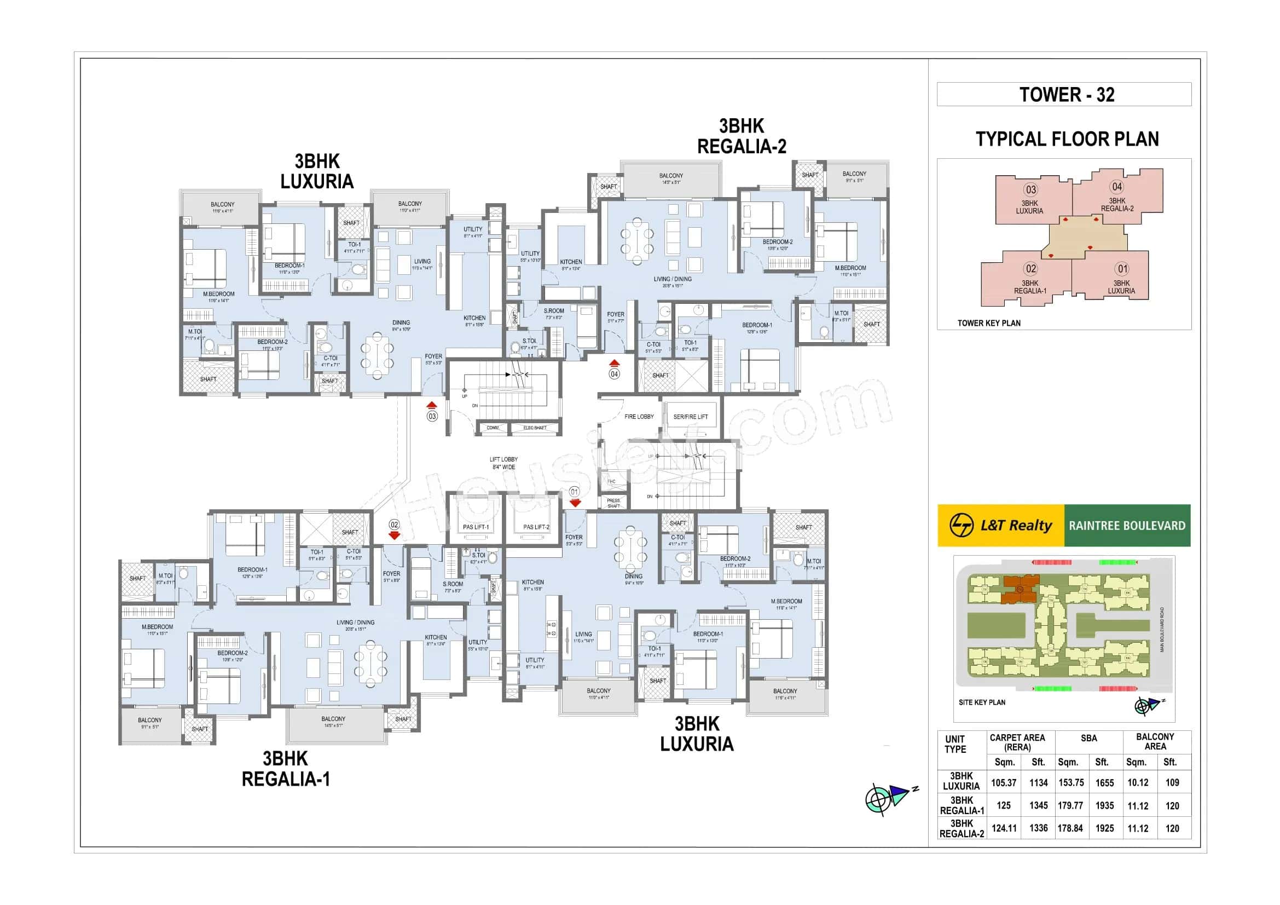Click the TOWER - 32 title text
[1067, 95]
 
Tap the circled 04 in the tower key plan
[1117, 187]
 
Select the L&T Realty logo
[1001, 525]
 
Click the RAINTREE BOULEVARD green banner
[1127, 525]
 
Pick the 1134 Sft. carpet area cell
[1038, 783]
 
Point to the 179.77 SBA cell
[1070, 806]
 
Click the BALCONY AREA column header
[1155, 742]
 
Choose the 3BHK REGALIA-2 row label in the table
[962, 828]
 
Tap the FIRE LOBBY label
[639, 417]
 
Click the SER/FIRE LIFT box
[690, 417]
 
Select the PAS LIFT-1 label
[476, 527]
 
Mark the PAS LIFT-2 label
[536, 527]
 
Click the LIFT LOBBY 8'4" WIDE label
[503, 463]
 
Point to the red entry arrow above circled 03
[431, 405]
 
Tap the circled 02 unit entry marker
[394, 524]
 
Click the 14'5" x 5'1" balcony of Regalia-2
[671, 178]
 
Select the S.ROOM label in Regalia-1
[453, 584]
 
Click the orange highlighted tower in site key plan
[1020, 590]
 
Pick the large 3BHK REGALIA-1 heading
[286, 768]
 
